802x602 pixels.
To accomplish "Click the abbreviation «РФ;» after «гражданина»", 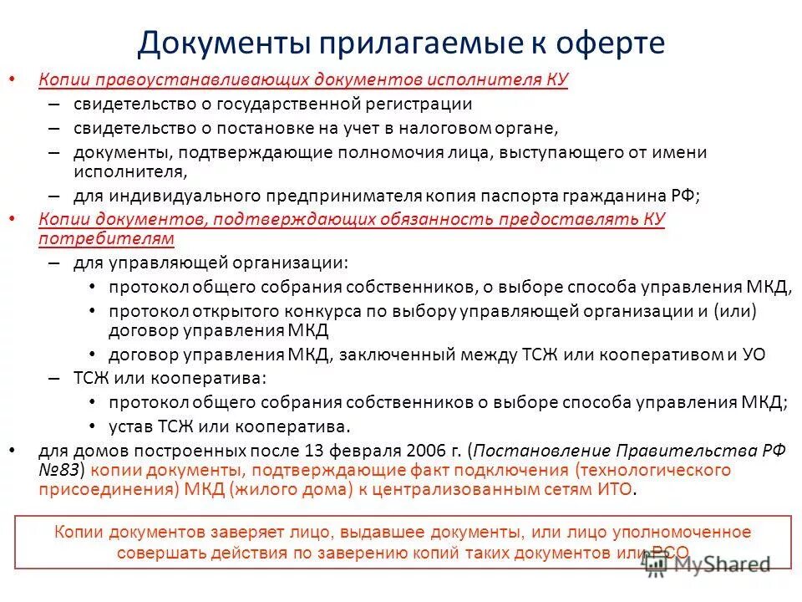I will click(x=685, y=196).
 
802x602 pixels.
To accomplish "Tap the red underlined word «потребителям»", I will click(x=106, y=238).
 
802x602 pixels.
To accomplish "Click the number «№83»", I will click(x=63, y=469).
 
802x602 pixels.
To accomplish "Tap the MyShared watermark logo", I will click(x=707, y=565).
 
